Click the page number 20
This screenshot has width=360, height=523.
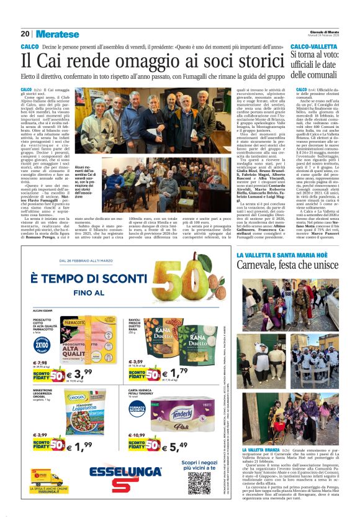coord(25,34)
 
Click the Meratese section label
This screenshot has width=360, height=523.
coord(58,34)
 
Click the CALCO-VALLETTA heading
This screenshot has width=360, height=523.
coord(315,47)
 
